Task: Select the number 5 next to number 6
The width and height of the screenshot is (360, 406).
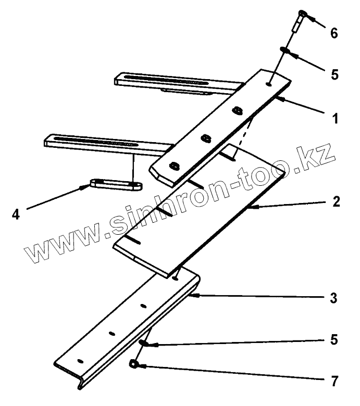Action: tap(334, 74)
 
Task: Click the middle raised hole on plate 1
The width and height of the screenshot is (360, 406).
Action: tap(205, 137)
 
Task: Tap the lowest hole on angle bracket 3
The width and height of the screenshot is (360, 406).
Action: tap(80, 360)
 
